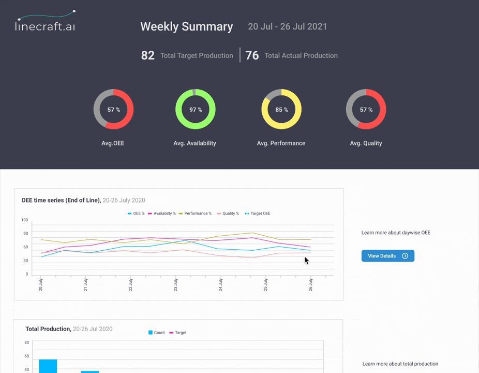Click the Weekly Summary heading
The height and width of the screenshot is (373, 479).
pos(186,26)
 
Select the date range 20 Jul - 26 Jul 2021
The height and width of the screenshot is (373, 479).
pos(287,26)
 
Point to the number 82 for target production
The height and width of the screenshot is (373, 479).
pos(147,55)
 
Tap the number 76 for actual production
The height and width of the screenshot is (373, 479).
pos(252,55)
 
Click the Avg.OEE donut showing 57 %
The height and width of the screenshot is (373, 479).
pos(113,109)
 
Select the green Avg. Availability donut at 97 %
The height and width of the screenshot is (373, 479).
pos(195,109)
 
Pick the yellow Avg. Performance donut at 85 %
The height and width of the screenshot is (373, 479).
pos(281,109)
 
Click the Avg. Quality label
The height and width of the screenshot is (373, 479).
pos(366,143)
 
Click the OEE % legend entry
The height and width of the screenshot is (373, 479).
pos(136,213)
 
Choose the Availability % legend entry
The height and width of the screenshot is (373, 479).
pos(162,213)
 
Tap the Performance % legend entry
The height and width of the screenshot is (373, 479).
pos(195,213)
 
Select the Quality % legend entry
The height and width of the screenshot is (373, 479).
pos(228,213)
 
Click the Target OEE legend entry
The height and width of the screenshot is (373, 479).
pos(258,213)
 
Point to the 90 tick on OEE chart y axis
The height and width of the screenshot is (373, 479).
pos(25,234)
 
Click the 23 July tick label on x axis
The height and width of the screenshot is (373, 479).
pos(176,284)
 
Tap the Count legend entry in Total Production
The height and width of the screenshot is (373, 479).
pos(157,333)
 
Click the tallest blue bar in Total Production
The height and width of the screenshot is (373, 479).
pos(48,365)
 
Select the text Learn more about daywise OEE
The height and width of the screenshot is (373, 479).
pos(396,233)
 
